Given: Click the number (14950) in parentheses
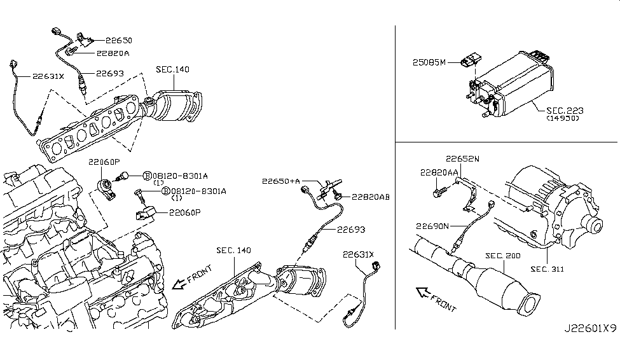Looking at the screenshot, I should pyautogui.click(x=562, y=119).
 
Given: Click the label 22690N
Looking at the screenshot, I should pyautogui.click(x=434, y=226).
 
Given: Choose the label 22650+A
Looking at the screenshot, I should pyautogui.click(x=280, y=181).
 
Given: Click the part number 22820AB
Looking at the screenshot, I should pyautogui.click(x=371, y=197).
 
